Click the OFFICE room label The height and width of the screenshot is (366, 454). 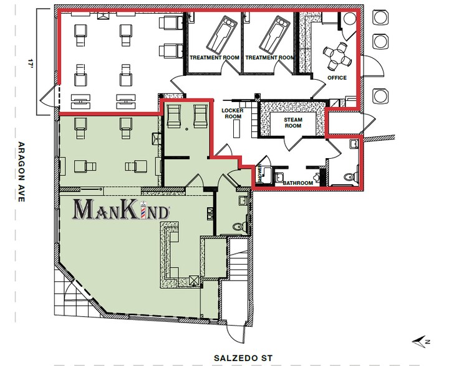coord(337,78)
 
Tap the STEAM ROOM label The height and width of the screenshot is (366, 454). coord(292,122)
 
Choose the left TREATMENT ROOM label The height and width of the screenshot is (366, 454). coord(215,58)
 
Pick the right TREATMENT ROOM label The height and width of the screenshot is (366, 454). coord(269,58)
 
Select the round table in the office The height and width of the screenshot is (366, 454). coord(338,54)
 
